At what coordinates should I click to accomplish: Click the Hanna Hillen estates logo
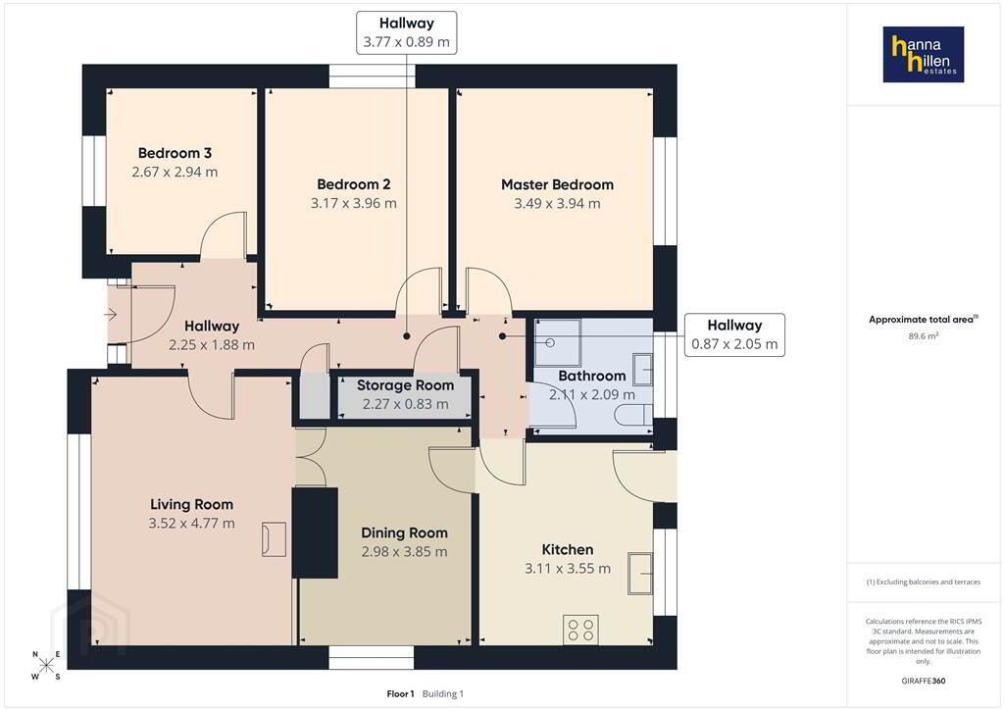pos(924,54)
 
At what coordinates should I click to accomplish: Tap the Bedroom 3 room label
pos(175,153)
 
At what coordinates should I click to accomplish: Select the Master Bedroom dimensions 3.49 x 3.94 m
pos(557,204)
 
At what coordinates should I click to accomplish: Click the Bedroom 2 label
pos(353,184)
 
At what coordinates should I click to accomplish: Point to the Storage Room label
pos(405,385)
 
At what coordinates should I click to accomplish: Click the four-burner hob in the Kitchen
pos(581,629)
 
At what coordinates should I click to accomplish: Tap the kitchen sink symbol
pos(640,574)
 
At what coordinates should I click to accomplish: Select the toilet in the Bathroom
pos(634,416)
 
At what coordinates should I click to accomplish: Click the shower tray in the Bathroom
pos(558,342)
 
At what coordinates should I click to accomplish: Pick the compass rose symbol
pos(46,665)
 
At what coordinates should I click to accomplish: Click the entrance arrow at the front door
pos(111,315)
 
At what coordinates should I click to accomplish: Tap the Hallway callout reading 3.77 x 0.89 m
pos(407,32)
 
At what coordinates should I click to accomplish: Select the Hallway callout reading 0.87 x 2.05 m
pos(734,334)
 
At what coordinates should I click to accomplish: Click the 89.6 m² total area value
pos(924,335)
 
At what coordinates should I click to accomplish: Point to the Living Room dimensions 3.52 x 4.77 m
pos(191,523)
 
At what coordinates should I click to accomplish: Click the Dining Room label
pos(404,532)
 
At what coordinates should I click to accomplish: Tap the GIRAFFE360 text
pos(924,681)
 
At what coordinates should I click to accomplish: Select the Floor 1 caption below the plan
pos(400,694)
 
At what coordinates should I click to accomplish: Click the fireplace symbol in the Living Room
pos(274,539)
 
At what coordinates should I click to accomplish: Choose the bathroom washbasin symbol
pos(643,370)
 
